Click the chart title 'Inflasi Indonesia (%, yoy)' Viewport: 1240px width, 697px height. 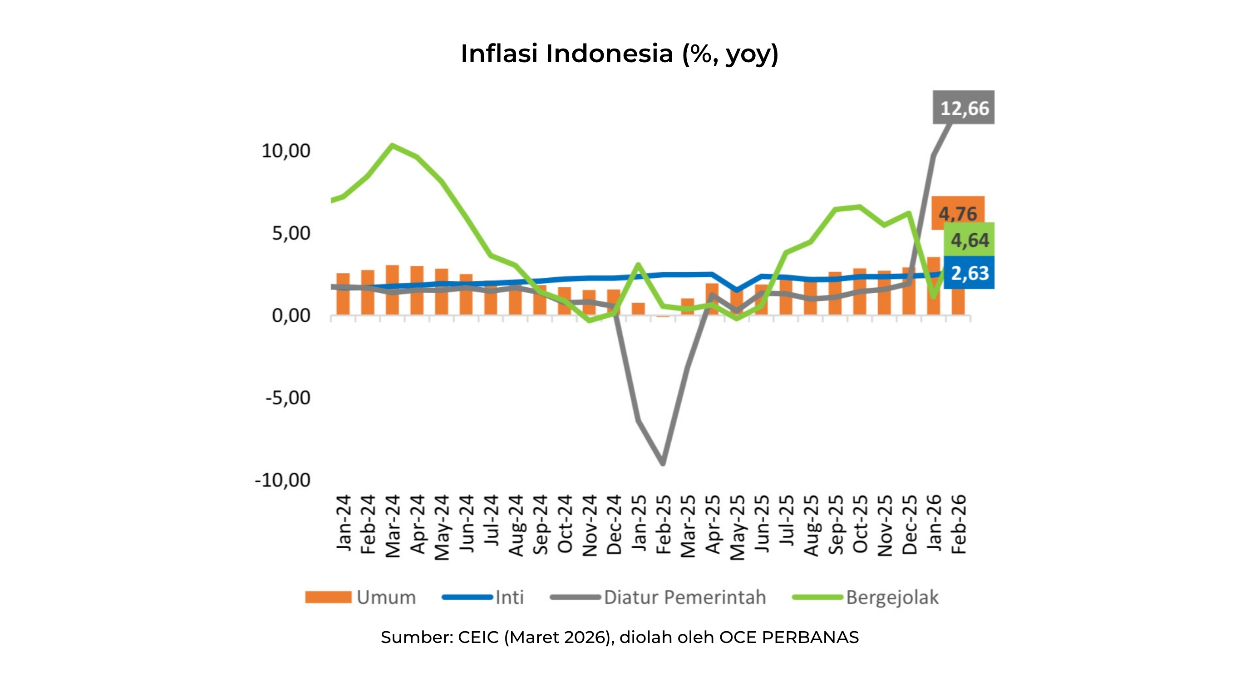(620, 54)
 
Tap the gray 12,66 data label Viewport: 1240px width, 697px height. (964, 108)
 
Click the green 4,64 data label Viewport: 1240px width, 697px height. (969, 240)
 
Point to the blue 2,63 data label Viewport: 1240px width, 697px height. (969, 273)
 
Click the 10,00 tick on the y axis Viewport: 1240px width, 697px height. (286, 151)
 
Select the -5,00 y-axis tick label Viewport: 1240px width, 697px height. (288, 398)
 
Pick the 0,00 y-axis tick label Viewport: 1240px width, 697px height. (291, 316)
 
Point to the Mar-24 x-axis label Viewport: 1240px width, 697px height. (393, 525)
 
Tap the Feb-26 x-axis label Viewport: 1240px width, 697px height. (959, 524)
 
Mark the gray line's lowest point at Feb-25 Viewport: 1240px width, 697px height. (663, 463)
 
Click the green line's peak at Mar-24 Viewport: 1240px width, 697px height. (393, 145)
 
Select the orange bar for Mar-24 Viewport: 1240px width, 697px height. (392, 290)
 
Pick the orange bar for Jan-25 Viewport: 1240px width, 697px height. (638, 309)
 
